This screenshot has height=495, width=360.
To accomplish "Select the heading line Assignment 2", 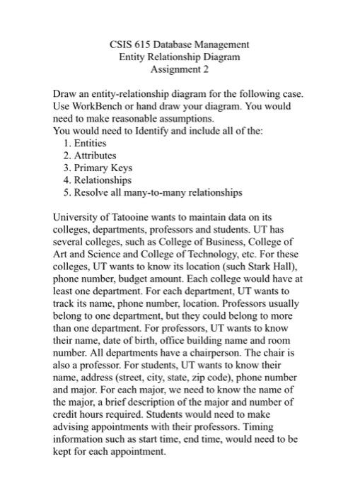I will click(x=180, y=69).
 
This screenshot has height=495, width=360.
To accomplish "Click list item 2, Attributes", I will click(x=93, y=155).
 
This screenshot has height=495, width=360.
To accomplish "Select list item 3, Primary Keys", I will click(x=102, y=168).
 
